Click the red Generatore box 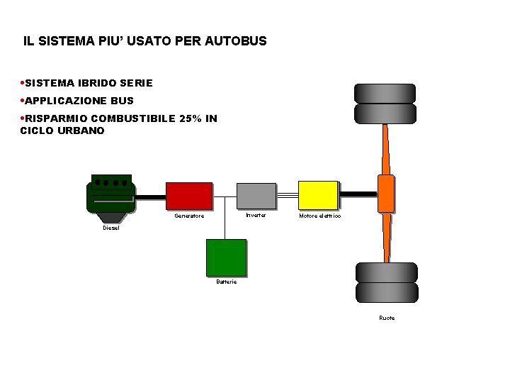[x=189, y=196]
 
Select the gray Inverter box [x=256, y=196]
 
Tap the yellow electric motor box [x=318, y=195]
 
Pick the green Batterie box [x=226, y=257]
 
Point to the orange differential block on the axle [x=386, y=193]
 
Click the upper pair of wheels [x=385, y=104]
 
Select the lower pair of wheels [x=387, y=282]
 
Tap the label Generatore [x=189, y=216]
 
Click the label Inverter [x=256, y=215]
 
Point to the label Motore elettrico [x=319, y=216]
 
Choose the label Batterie [x=227, y=282]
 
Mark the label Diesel [x=111, y=228]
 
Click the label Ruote [x=387, y=318]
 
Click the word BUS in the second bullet [x=122, y=101]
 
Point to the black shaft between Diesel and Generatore [x=150, y=196]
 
